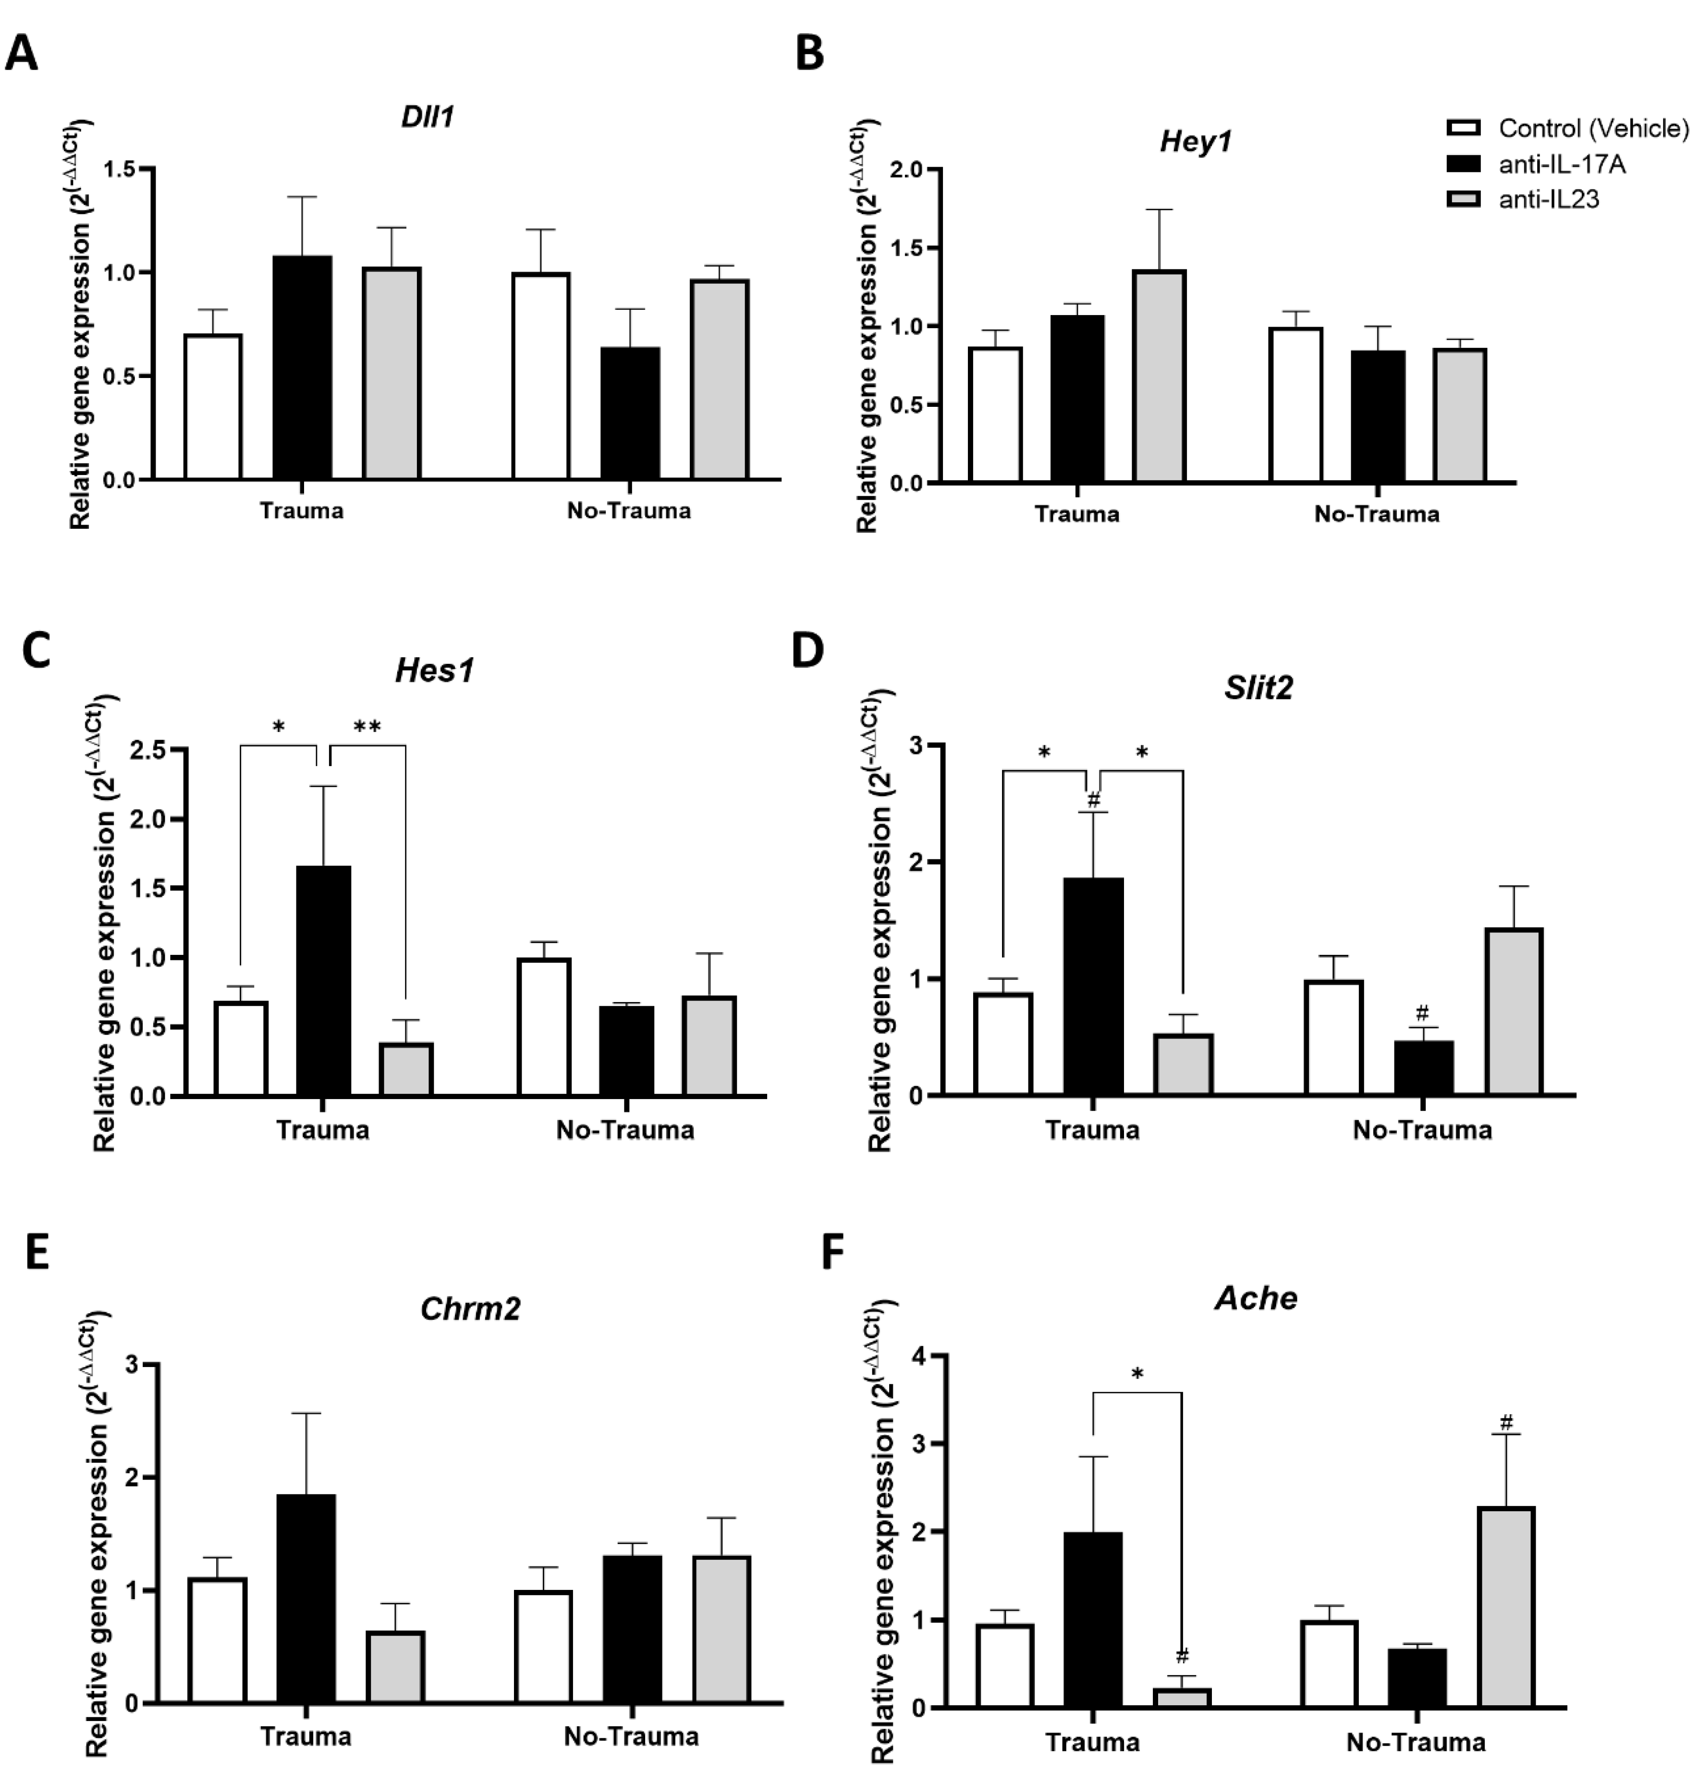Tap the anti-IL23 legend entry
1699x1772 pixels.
point(1548,199)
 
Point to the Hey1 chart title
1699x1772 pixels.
point(1196,142)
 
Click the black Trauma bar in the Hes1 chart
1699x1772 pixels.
point(324,981)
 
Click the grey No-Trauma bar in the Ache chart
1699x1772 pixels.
point(1506,1607)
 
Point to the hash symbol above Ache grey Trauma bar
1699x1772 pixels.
point(1182,1656)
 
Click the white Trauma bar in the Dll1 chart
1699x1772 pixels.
point(213,407)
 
